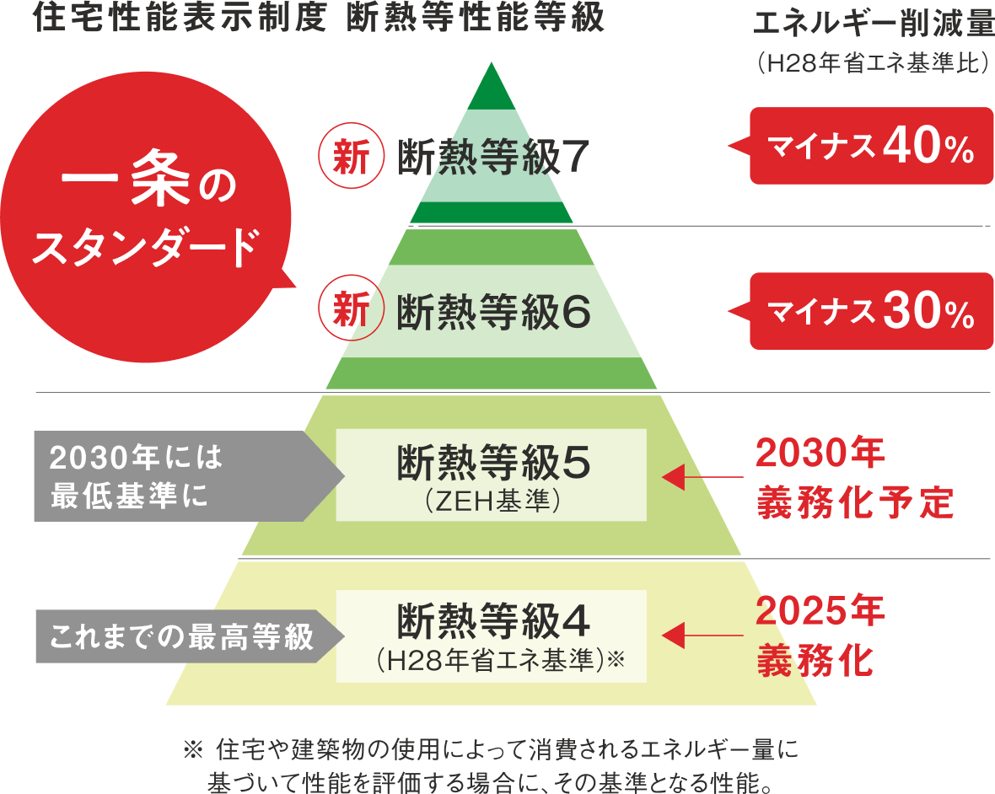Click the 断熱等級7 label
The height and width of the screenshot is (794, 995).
(x=492, y=156)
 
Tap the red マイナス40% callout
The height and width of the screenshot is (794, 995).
(x=871, y=147)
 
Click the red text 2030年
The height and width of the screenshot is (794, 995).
(x=820, y=456)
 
